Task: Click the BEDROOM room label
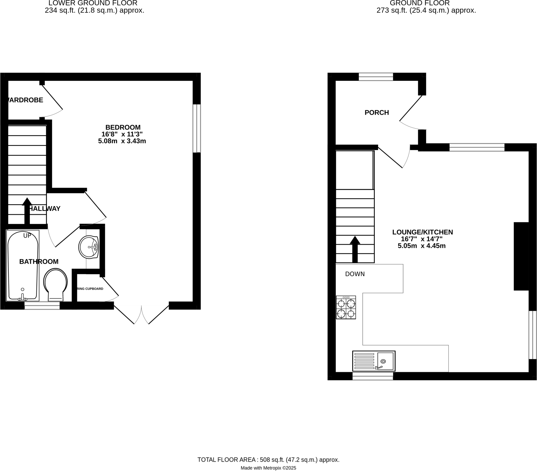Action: point(123,127)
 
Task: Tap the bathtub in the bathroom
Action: point(23,265)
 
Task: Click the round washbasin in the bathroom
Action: point(89,247)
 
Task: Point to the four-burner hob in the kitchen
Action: point(346,307)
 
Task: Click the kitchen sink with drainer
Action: point(374,361)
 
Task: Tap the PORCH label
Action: point(377,113)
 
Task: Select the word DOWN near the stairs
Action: point(355,274)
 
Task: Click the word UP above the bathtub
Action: point(27,236)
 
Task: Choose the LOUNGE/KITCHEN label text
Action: point(422,232)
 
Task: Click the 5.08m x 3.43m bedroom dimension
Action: point(122,141)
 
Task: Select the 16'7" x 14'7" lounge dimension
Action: point(421,239)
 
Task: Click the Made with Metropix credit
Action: point(268,468)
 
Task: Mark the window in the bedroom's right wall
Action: point(196,128)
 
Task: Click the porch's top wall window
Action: point(376,77)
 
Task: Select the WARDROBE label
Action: point(25,100)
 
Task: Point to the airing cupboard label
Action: point(90,289)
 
